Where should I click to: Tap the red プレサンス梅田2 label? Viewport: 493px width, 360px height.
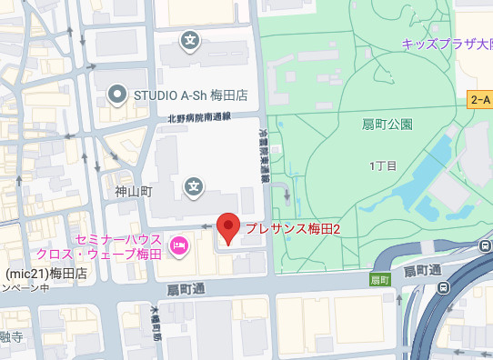(x=293, y=229)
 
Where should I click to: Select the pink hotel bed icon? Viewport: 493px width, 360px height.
(x=179, y=244)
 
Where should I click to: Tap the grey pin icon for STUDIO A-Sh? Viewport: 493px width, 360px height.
(x=116, y=93)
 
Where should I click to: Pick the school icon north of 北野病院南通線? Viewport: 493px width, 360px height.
(x=191, y=41)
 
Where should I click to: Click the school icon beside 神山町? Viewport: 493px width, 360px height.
(x=194, y=187)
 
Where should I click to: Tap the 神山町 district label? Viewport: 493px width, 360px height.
(x=133, y=192)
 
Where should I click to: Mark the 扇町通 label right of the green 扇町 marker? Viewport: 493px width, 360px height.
(x=422, y=271)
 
